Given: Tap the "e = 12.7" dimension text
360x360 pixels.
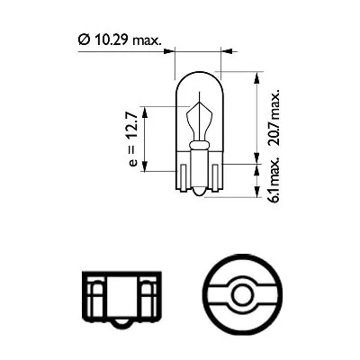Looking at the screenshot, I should (x=131, y=139).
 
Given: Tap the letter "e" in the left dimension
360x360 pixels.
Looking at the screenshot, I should (x=131, y=163).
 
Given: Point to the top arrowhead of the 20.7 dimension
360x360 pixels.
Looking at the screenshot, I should (x=258, y=76).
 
